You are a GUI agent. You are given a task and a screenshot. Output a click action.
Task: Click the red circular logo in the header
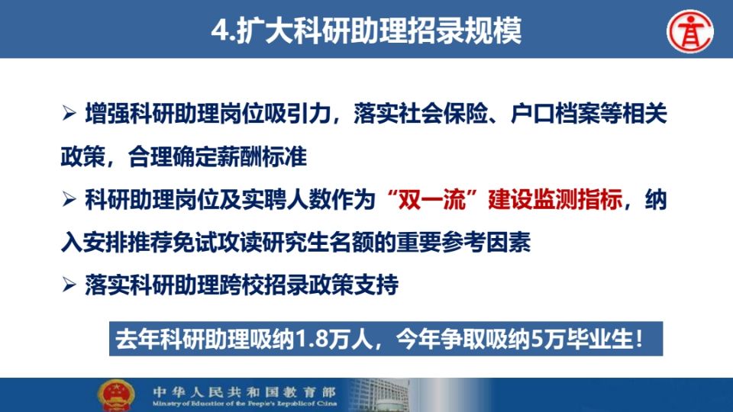[x=689, y=31]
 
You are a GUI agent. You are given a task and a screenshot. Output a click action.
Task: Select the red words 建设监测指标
[x=554, y=199]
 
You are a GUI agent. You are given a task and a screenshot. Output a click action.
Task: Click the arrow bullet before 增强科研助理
[x=69, y=113]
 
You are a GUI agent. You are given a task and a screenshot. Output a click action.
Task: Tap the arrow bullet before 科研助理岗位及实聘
[x=69, y=199]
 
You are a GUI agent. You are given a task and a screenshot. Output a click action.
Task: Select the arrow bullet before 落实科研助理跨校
[x=69, y=285]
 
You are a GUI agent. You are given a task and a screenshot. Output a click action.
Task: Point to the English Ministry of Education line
[x=244, y=403]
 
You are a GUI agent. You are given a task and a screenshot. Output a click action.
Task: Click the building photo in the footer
[x=379, y=395]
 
